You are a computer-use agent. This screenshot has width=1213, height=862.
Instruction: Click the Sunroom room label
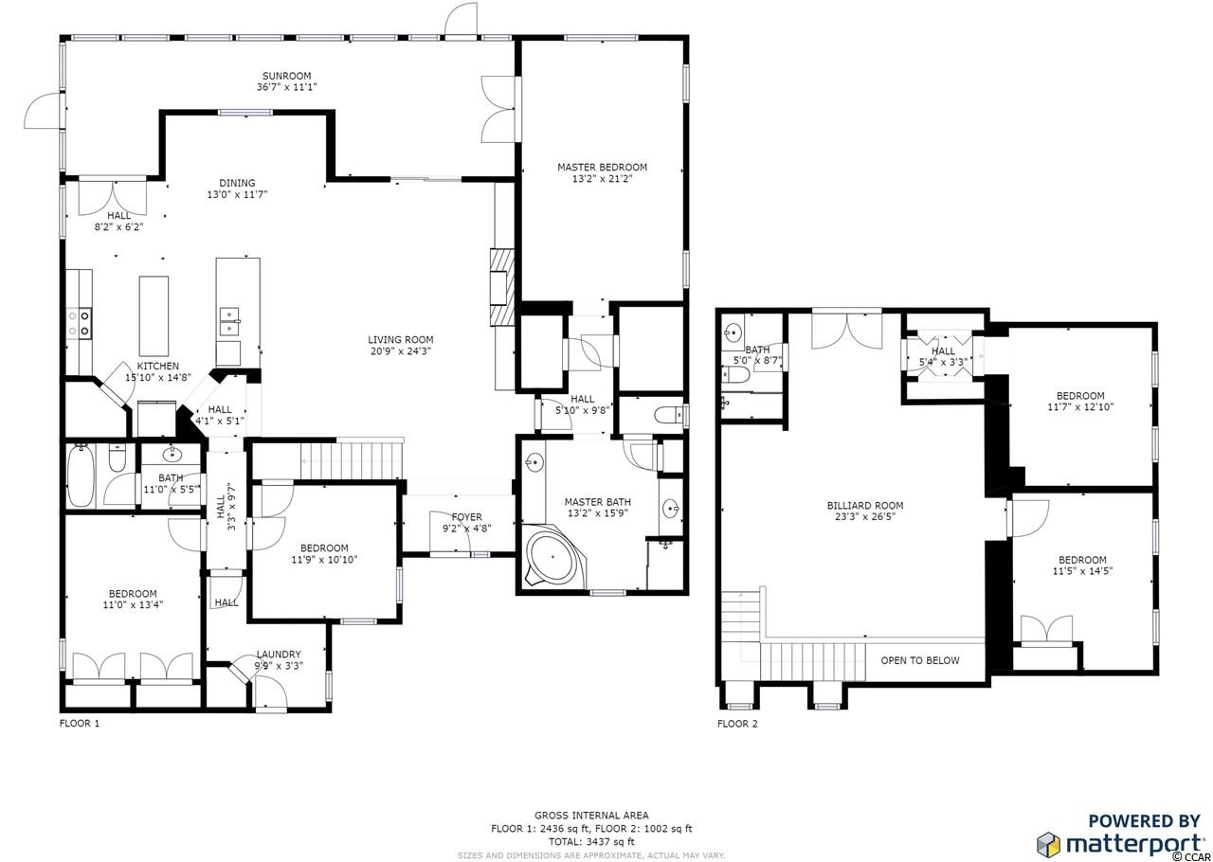click(286, 77)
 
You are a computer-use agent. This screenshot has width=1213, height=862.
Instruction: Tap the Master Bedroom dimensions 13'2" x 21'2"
click(602, 179)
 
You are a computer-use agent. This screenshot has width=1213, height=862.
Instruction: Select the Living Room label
click(401, 339)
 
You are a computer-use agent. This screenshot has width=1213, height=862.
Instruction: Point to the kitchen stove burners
click(79, 323)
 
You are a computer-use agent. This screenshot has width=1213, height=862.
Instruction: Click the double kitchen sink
click(230, 322)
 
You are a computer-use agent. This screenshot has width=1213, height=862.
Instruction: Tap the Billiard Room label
click(865, 505)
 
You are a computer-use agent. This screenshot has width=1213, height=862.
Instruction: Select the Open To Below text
click(920, 660)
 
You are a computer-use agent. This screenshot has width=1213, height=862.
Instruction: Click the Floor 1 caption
click(80, 723)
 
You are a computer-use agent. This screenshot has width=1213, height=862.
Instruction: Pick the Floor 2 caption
click(737, 724)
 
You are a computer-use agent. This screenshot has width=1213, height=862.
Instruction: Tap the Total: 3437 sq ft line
click(591, 841)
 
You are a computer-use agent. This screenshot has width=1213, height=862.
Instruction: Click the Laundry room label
click(279, 655)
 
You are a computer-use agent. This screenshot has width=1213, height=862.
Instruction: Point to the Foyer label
click(467, 517)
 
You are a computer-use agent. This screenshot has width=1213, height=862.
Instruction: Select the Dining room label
click(237, 183)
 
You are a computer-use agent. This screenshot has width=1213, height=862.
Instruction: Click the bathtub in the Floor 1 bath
click(81, 476)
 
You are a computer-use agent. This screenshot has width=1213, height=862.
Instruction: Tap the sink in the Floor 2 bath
click(733, 331)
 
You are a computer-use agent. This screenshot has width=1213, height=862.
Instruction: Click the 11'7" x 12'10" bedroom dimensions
click(1080, 406)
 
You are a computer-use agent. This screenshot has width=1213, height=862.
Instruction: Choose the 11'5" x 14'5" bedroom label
click(1082, 566)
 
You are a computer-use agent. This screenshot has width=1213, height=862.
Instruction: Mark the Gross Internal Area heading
click(591, 815)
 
